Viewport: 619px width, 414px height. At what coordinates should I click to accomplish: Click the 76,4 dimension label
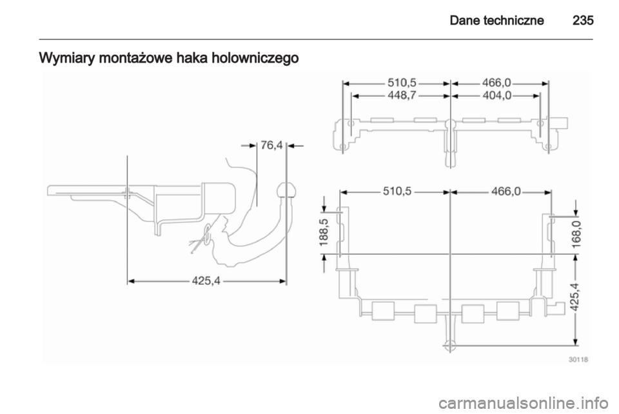[271, 146]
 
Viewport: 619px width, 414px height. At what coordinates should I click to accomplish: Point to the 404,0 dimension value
[496, 95]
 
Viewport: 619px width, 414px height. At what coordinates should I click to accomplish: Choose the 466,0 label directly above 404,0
[496, 83]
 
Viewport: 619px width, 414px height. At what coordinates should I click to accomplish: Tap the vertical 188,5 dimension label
[324, 232]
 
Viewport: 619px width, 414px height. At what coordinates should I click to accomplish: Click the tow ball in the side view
[286, 189]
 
